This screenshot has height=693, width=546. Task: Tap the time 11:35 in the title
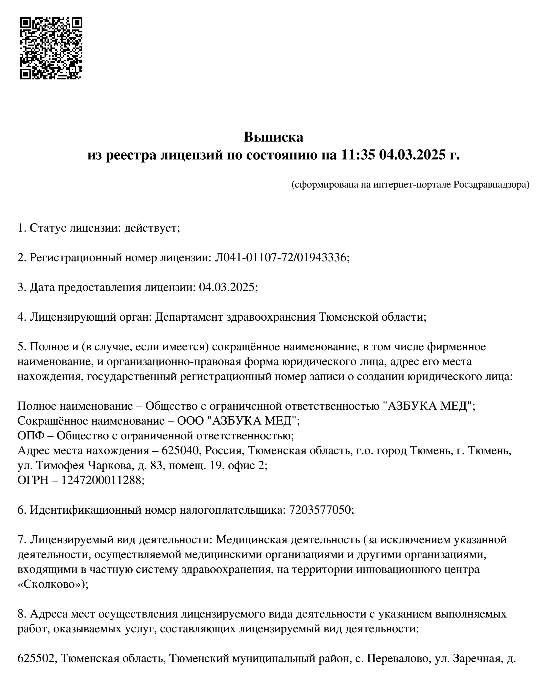coord(358,155)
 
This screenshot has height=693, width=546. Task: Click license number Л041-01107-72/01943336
coord(280,258)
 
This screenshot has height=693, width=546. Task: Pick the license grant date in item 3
coord(227,287)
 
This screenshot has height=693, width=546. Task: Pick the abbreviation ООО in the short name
coord(190,421)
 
